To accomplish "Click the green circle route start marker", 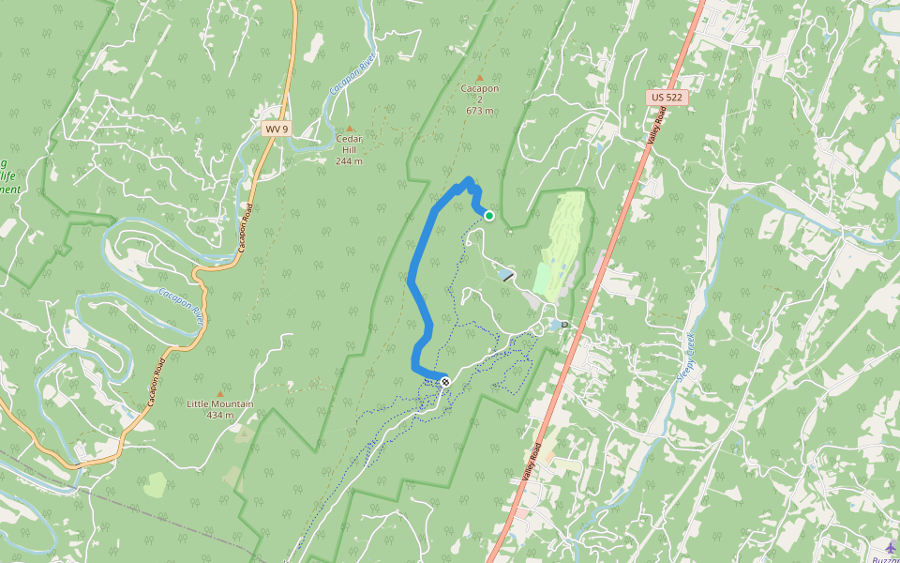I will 488,216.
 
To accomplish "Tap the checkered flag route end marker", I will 445,382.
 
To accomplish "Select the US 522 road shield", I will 665,98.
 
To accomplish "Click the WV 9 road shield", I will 275,129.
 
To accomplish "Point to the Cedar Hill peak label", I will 349,145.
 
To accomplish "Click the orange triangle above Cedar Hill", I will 350,128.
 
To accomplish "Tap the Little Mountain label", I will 220,404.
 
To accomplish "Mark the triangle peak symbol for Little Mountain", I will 220,393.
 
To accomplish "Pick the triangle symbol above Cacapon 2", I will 479,78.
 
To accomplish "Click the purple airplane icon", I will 890,546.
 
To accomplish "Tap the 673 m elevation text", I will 479,111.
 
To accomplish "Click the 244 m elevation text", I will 349,160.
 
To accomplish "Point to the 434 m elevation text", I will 220,415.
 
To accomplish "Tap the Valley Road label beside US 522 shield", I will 654,125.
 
